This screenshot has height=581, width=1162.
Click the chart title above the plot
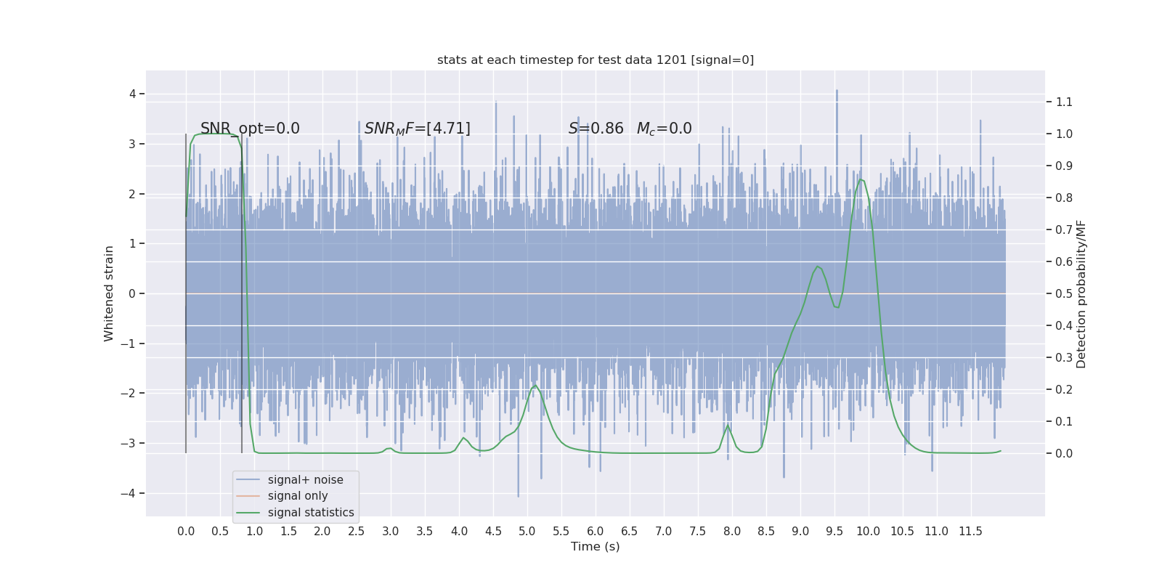[596, 60]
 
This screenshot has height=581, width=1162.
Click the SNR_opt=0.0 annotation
[250, 129]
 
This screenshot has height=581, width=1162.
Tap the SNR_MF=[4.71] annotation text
[417, 129]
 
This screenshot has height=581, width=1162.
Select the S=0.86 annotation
[596, 129]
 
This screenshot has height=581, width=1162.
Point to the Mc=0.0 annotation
[664, 129]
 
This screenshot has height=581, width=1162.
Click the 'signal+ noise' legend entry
[305, 480]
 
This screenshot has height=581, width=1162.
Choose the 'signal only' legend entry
[298, 496]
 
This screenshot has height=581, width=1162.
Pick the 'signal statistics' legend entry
[311, 513]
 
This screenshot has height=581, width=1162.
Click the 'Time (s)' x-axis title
[596, 546]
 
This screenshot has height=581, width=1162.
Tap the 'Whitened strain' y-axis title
[109, 293]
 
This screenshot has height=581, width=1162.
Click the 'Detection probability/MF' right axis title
[1081, 293]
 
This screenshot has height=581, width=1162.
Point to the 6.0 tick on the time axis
[596, 531]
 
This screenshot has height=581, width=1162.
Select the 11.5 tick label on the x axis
[970, 531]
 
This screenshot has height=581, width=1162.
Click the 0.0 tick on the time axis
[186, 531]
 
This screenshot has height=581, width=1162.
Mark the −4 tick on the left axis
[131, 493]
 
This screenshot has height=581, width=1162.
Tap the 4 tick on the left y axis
[133, 94]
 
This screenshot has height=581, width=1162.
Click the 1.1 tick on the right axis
[1064, 102]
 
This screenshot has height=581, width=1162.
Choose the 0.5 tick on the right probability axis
[1064, 293]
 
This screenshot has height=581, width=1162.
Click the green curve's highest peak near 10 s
[861, 179]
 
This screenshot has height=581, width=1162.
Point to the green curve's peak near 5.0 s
[535, 385]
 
